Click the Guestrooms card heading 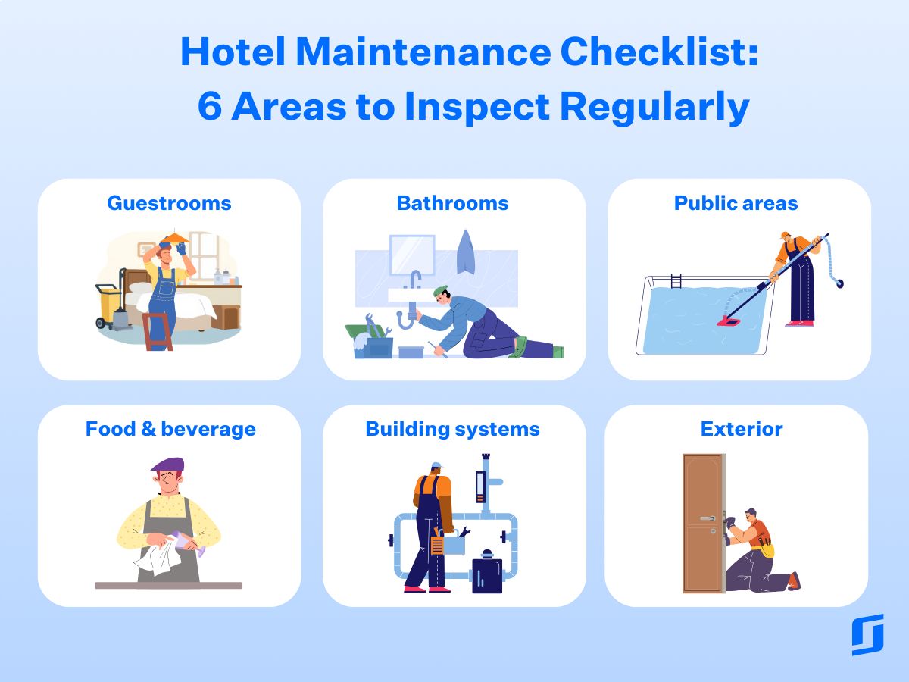[x=169, y=203]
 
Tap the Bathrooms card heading [x=452, y=203]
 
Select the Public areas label [x=736, y=203]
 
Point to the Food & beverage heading [x=170, y=429]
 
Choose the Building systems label [x=452, y=429]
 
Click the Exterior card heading [x=742, y=429]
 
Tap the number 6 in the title [x=208, y=107]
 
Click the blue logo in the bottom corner [x=867, y=635]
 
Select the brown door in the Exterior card [x=702, y=523]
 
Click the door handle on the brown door [x=707, y=518]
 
